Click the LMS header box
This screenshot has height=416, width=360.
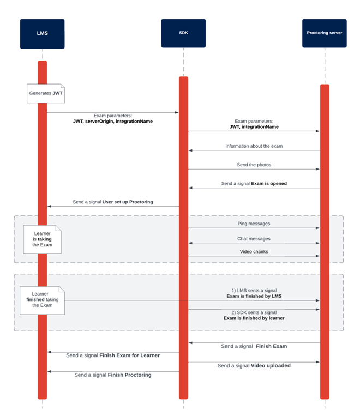[42, 33]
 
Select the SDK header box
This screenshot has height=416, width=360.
[183, 33]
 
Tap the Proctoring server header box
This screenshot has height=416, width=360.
[324, 33]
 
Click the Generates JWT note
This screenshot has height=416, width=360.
[46, 93]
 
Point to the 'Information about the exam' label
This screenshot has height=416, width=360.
[254, 146]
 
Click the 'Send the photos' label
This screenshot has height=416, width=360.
[254, 164]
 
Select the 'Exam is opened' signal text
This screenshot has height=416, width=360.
[268, 184]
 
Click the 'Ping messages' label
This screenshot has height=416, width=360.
[254, 224]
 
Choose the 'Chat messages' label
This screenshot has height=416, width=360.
[254, 238]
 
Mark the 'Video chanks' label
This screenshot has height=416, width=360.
[254, 251]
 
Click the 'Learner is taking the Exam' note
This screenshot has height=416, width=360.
[43, 238]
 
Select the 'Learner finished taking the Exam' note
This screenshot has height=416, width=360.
[42, 299]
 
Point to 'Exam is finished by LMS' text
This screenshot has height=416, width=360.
[254, 296]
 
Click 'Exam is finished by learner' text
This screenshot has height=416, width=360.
[254, 318]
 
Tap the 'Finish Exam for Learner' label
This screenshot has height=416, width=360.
[129, 355]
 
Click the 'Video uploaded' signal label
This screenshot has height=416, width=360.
[271, 366]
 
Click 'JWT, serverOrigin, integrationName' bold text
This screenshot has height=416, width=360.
[112, 121]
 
